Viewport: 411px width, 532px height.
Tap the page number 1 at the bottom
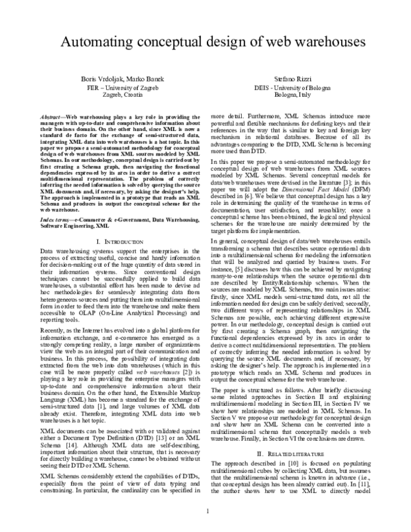tap(206, 511)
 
